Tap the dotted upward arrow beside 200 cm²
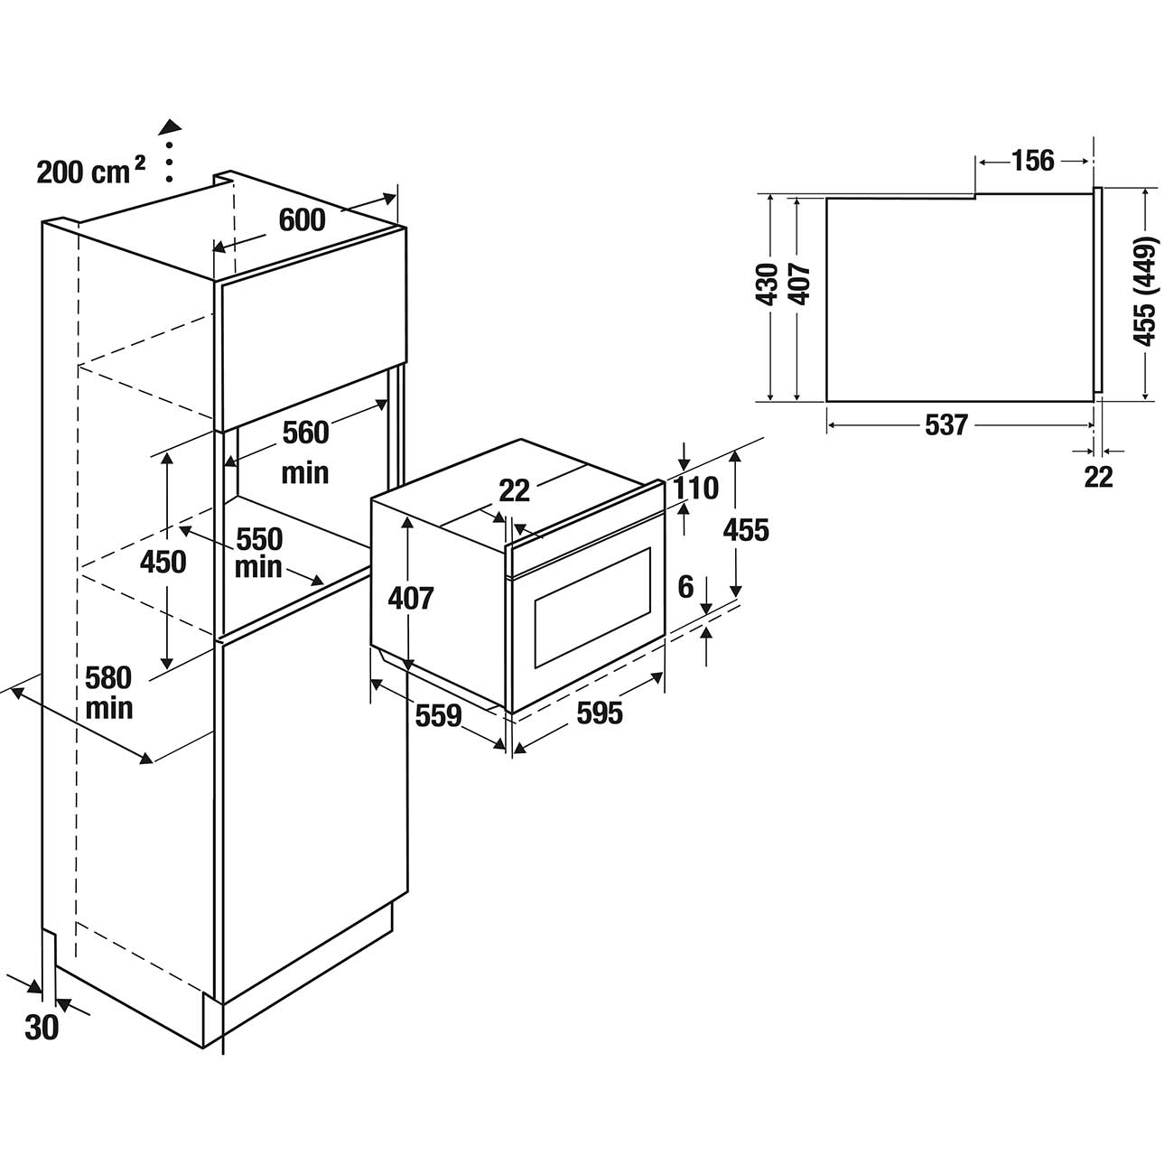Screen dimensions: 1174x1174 click(169, 149)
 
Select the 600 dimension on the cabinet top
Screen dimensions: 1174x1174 click(302, 219)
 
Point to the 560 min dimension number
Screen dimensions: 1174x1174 click(305, 433)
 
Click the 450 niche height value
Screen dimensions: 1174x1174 click(163, 562)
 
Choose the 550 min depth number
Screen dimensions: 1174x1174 click(259, 539)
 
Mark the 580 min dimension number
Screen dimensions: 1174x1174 click(108, 677)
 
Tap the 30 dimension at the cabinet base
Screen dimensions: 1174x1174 click(42, 1027)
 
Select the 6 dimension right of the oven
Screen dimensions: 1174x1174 click(685, 587)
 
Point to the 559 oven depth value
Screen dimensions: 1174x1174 click(438, 716)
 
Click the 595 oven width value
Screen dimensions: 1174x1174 click(600, 713)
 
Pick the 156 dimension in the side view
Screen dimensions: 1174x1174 click(1032, 161)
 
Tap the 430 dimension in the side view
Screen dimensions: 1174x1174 click(768, 284)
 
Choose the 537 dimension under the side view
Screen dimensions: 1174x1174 click(946, 425)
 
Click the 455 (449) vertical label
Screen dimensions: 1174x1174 click(1145, 291)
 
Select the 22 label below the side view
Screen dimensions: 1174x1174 click(1098, 477)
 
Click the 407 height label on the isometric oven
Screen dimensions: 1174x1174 click(411, 598)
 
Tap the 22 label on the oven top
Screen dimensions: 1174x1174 click(514, 490)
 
